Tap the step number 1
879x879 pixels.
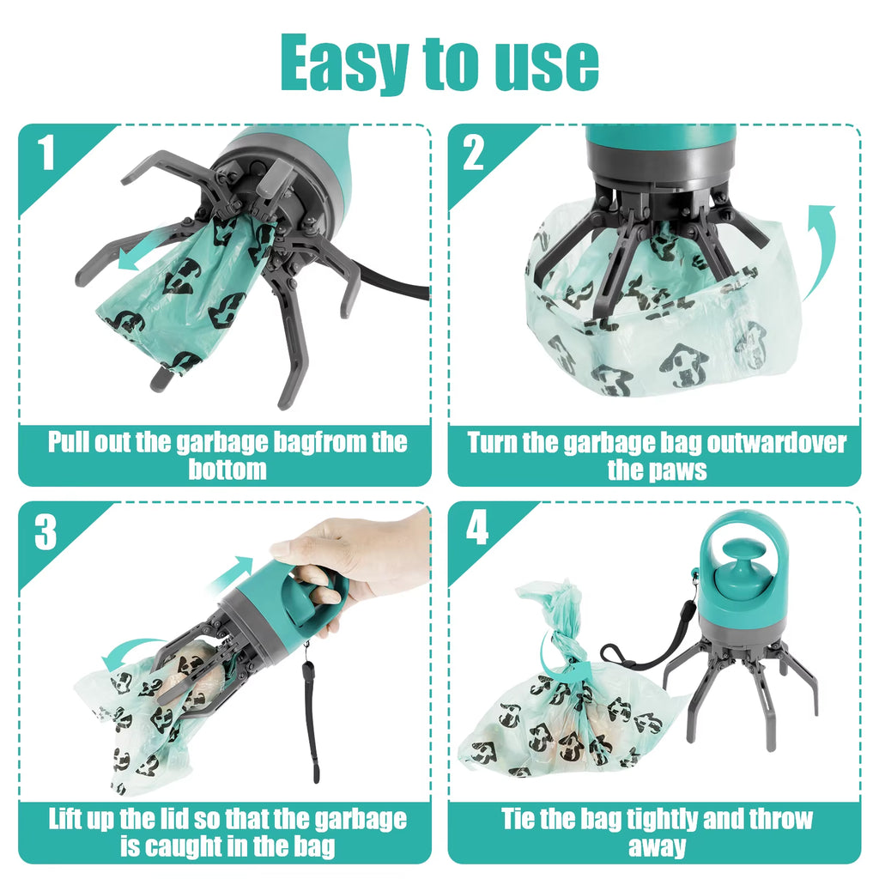46,155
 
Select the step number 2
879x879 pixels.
474,155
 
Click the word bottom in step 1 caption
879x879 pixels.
227,470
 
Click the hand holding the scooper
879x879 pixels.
361,558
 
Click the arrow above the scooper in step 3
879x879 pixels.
231,573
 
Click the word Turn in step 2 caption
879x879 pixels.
492,443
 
